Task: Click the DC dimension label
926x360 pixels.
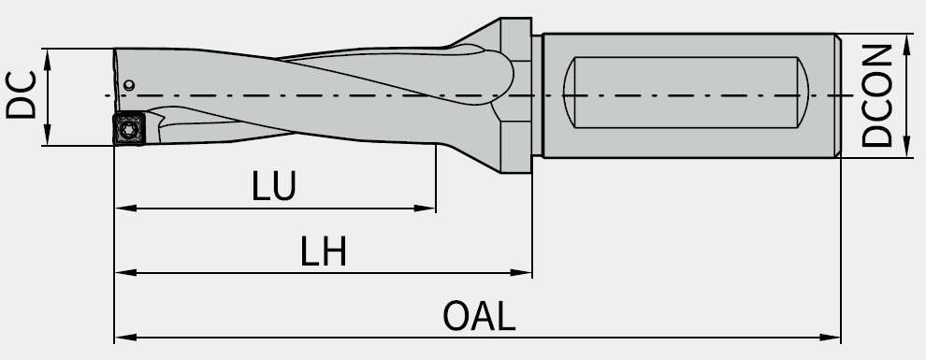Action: pyautogui.click(x=22, y=95)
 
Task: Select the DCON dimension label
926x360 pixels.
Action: pyautogui.click(x=877, y=95)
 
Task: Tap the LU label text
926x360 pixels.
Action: pyautogui.click(x=273, y=186)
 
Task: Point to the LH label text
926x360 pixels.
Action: pyautogui.click(x=323, y=252)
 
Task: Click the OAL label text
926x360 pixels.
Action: pyautogui.click(x=479, y=316)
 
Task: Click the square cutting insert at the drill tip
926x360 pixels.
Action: pyautogui.click(x=129, y=128)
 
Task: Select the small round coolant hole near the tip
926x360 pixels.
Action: pyautogui.click(x=129, y=86)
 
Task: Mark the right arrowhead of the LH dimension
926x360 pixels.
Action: pyautogui.click(x=521, y=273)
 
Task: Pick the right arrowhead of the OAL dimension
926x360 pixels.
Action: pyautogui.click(x=830, y=338)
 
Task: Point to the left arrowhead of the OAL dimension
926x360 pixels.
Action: pyautogui.click(x=125, y=338)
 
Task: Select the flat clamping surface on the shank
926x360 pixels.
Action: pyautogui.click(x=686, y=93)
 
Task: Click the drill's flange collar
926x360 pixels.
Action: pyautogui.click(x=516, y=95)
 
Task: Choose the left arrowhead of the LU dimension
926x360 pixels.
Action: pyautogui.click(x=125, y=209)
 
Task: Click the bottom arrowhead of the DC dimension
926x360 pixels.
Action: pyautogui.click(x=48, y=134)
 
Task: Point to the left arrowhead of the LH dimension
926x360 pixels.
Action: pyautogui.click(x=125, y=273)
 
